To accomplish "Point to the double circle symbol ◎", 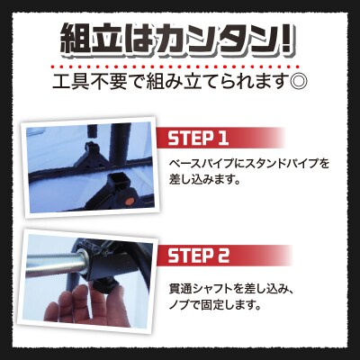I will point(296,85).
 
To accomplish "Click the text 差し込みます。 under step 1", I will point(207,178).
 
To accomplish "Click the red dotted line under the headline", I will point(180,65).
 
